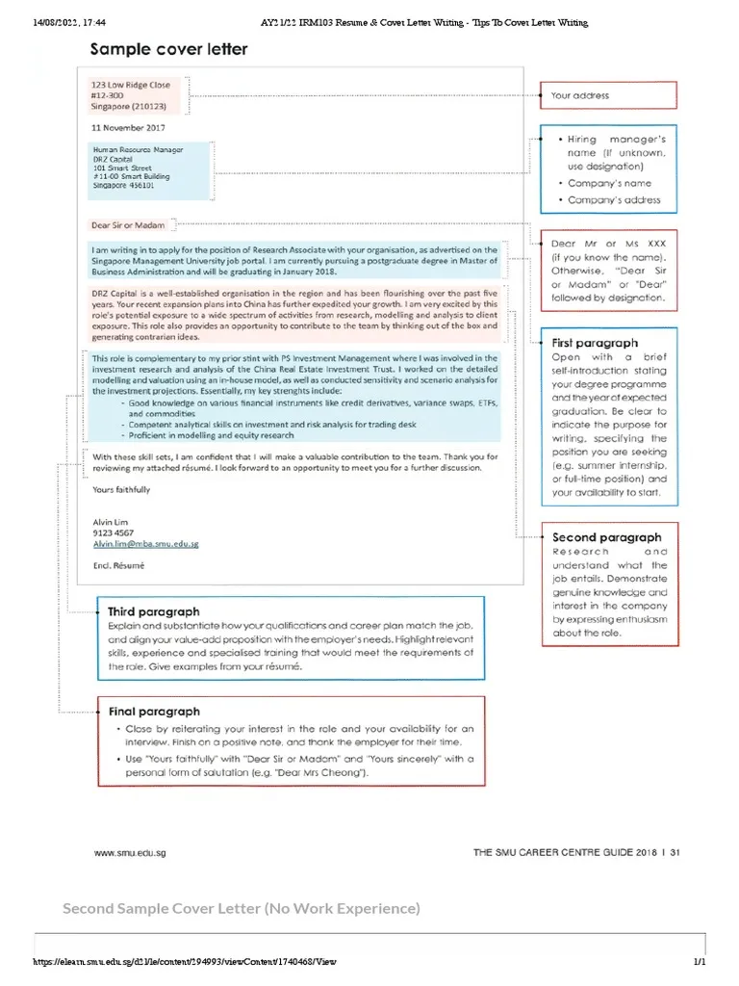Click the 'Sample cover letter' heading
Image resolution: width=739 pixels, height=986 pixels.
pos(168,49)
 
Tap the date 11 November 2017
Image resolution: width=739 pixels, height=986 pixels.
pos(128,128)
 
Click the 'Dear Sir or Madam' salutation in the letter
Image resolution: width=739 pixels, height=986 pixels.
pos(121,225)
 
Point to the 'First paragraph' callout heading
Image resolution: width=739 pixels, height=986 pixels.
pos(594,343)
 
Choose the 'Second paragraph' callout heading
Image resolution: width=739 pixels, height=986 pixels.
pos(606,537)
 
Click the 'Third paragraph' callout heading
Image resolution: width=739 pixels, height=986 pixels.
pos(154,611)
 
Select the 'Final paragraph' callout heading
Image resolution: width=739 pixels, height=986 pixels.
pos(154,712)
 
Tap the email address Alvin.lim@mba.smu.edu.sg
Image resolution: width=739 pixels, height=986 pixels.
pos(145,544)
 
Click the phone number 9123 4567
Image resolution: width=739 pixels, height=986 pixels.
pos(113,532)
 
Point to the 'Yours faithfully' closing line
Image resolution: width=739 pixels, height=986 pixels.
pos(121,490)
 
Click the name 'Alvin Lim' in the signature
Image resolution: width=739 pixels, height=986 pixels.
pos(110,522)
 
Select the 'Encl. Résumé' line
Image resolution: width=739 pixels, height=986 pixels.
pos(117,567)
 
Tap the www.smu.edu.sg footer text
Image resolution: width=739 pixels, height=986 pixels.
pos(126,852)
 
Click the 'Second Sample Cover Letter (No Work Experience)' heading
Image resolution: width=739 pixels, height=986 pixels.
pos(242,909)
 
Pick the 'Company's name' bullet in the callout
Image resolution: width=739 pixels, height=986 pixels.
pos(609,183)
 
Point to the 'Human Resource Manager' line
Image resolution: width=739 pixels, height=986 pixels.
pos(138,150)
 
